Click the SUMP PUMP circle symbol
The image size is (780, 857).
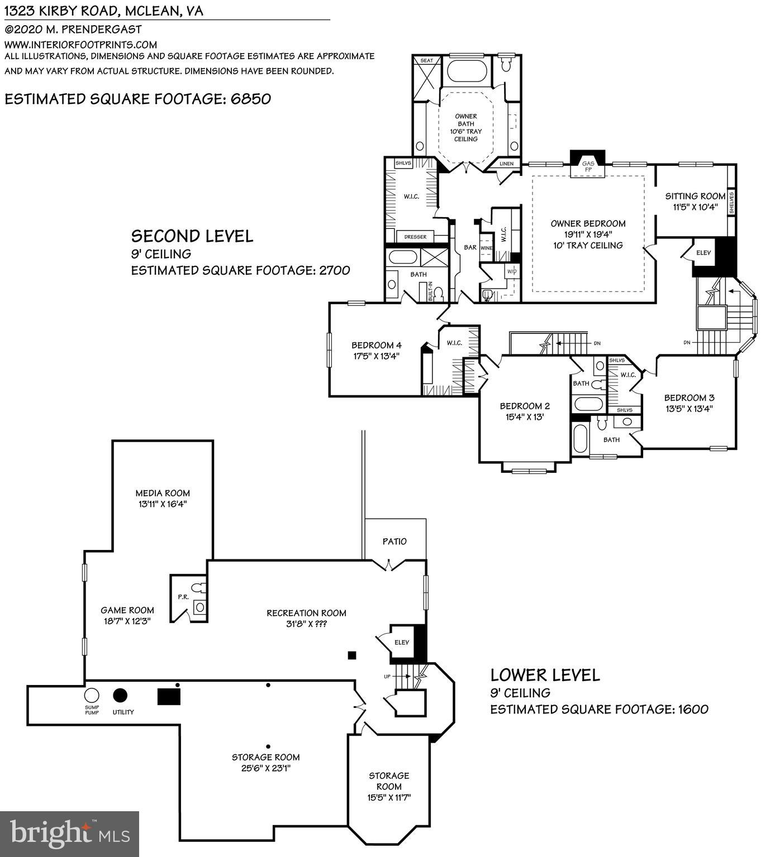click(x=91, y=696)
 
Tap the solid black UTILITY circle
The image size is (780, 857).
click(x=120, y=696)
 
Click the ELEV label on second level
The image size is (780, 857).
click(x=703, y=253)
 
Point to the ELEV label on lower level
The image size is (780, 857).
click(x=402, y=643)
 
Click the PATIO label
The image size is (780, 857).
click(x=394, y=542)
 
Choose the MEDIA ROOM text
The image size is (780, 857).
click(x=163, y=494)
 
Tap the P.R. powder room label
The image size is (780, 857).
click(x=183, y=597)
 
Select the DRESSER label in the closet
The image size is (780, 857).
click(x=415, y=237)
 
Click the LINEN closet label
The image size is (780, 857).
click(x=506, y=164)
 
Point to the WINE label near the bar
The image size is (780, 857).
click(x=486, y=248)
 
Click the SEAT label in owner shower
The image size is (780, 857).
click(x=426, y=60)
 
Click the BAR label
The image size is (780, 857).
click(x=470, y=247)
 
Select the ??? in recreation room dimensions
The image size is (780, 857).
click(x=321, y=624)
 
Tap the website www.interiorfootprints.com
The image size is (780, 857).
click(x=80, y=45)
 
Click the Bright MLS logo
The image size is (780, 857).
click(x=69, y=834)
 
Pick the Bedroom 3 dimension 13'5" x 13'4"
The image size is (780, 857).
click(x=689, y=409)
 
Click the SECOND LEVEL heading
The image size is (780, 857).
click(x=192, y=236)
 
